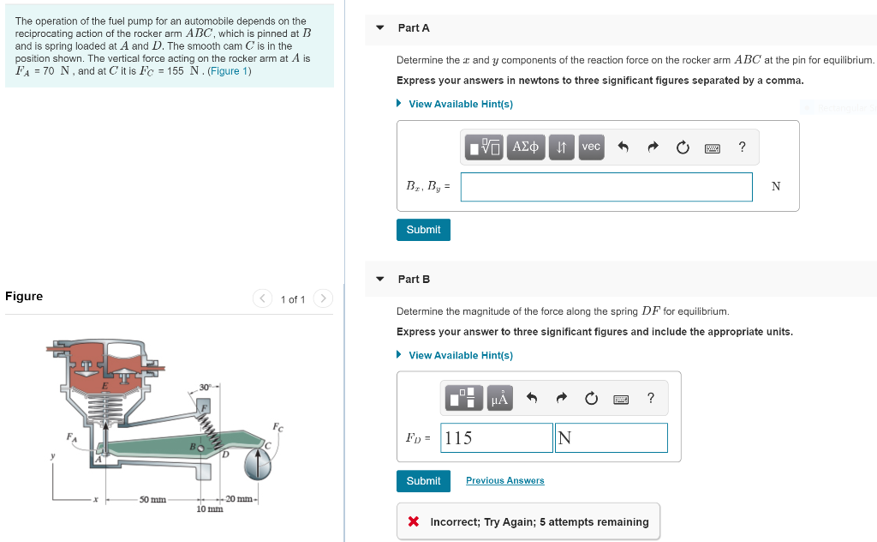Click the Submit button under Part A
tap(423, 230)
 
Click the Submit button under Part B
tap(423, 481)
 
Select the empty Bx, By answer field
tap(606, 187)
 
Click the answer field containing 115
tap(497, 438)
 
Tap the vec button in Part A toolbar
tap(591, 147)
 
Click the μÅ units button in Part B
tap(498, 398)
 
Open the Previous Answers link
tap(504, 481)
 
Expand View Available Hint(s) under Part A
tap(460, 104)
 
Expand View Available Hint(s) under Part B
tap(460, 355)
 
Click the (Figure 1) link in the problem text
tap(229, 71)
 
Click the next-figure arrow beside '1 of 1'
tap(323, 298)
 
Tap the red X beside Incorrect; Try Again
tap(413, 522)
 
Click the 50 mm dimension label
tap(152, 499)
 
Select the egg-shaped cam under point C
tap(257, 464)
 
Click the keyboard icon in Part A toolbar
tap(712, 148)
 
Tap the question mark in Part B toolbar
tap(651, 398)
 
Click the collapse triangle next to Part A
tap(380, 27)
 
